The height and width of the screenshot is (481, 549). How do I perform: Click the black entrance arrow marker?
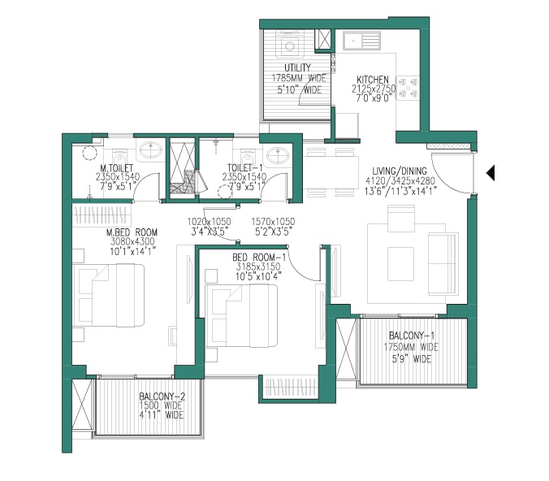491,173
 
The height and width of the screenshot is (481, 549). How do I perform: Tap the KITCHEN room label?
373,80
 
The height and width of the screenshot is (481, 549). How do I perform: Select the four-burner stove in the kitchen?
408,88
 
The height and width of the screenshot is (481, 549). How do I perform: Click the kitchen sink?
361,41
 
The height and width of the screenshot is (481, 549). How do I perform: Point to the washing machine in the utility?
290,44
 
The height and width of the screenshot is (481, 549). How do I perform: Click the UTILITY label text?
297,67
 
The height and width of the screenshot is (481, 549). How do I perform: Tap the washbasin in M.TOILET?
151,150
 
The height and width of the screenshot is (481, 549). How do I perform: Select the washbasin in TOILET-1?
278,155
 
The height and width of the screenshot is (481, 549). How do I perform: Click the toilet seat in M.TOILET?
119,156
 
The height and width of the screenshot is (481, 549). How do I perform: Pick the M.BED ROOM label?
132,232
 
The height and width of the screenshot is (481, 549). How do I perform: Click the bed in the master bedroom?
109,295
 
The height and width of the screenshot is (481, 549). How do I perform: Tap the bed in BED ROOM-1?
241,315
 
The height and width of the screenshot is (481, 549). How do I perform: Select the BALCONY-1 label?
412,336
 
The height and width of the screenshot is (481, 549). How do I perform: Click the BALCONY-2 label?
162,396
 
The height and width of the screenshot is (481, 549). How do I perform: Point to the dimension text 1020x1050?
209,222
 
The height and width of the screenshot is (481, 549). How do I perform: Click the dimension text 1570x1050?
273,222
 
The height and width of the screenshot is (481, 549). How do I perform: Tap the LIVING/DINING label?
400,171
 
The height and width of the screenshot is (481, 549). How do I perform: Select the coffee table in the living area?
401,263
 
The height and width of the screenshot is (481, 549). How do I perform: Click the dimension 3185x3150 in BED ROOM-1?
258,267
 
